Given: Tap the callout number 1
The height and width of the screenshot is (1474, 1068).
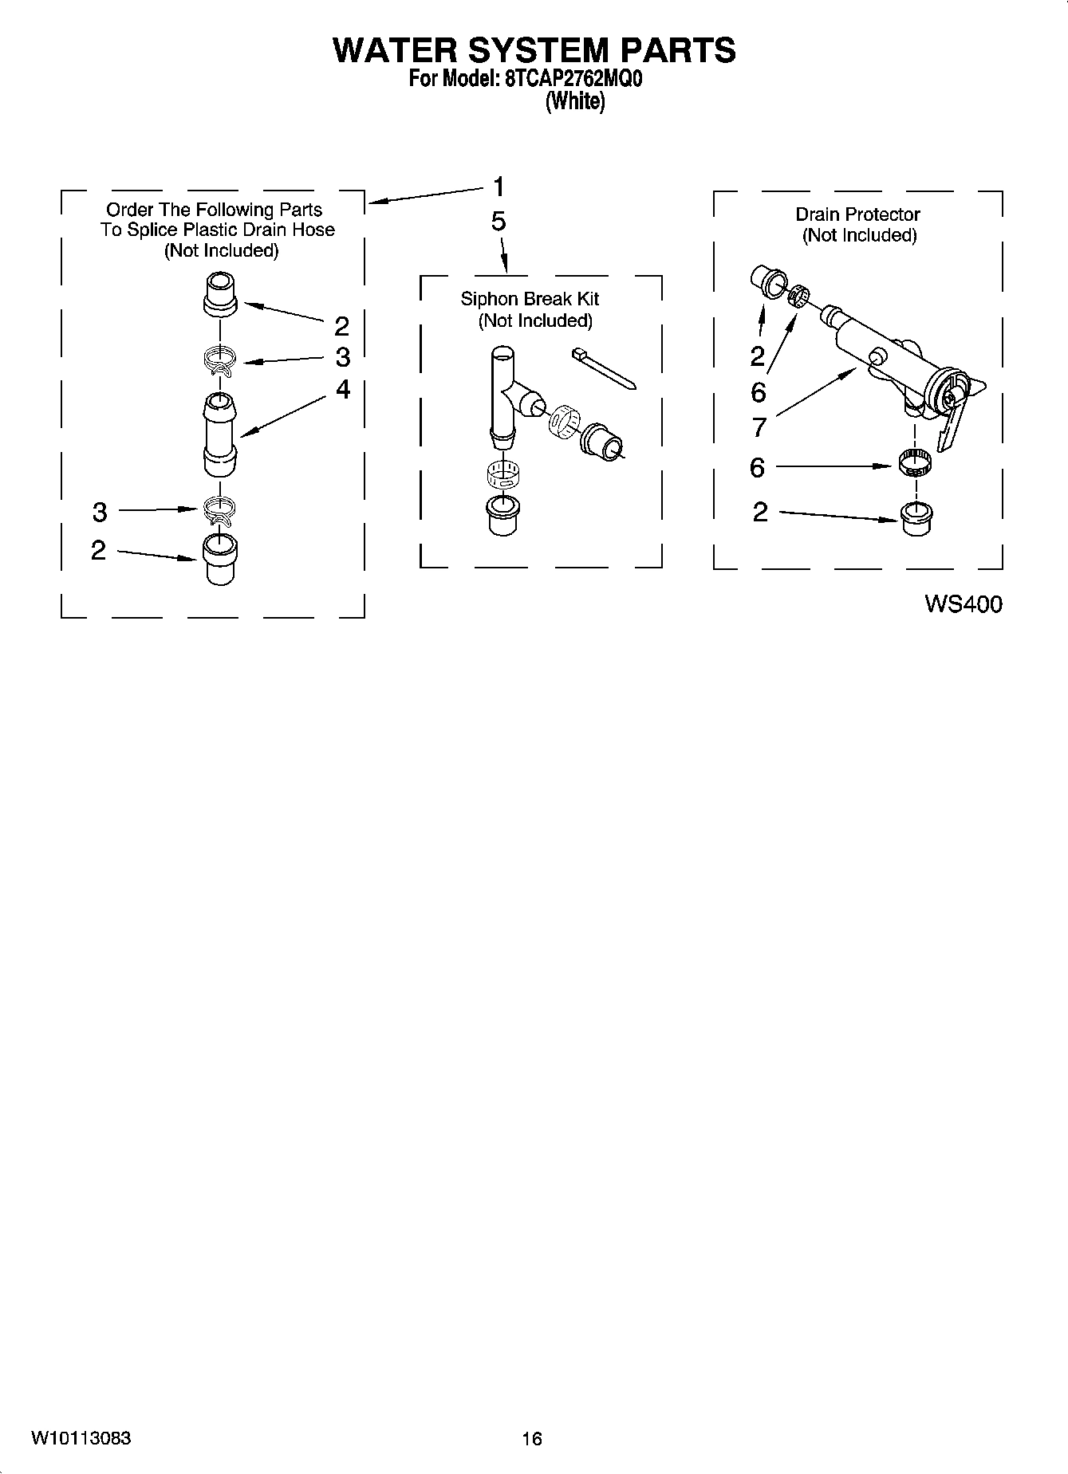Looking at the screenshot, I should tap(499, 187).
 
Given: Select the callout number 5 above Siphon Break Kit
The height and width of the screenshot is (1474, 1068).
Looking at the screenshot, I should tap(499, 222).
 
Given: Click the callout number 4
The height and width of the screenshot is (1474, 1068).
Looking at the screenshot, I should tap(342, 389).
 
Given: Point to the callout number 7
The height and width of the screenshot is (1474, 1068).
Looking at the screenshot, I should tap(759, 427).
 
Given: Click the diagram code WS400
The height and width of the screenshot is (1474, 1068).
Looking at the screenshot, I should tap(963, 604).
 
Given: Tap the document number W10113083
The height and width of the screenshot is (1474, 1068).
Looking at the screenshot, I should tap(81, 1438).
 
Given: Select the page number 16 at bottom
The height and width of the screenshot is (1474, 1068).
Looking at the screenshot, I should tap(532, 1438).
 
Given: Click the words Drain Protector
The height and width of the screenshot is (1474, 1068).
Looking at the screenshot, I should tap(857, 214).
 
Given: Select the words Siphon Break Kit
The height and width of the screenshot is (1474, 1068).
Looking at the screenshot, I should tap(530, 299).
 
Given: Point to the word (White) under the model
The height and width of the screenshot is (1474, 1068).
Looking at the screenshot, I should tap(574, 101).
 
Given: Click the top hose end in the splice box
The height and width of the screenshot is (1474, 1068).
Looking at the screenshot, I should tap(219, 293).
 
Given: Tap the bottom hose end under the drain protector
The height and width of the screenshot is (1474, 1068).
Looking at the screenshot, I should tap(916, 520).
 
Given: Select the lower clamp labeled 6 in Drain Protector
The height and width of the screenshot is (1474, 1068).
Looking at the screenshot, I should tap(916, 462).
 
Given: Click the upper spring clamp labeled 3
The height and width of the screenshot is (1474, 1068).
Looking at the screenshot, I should tap(219, 360).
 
